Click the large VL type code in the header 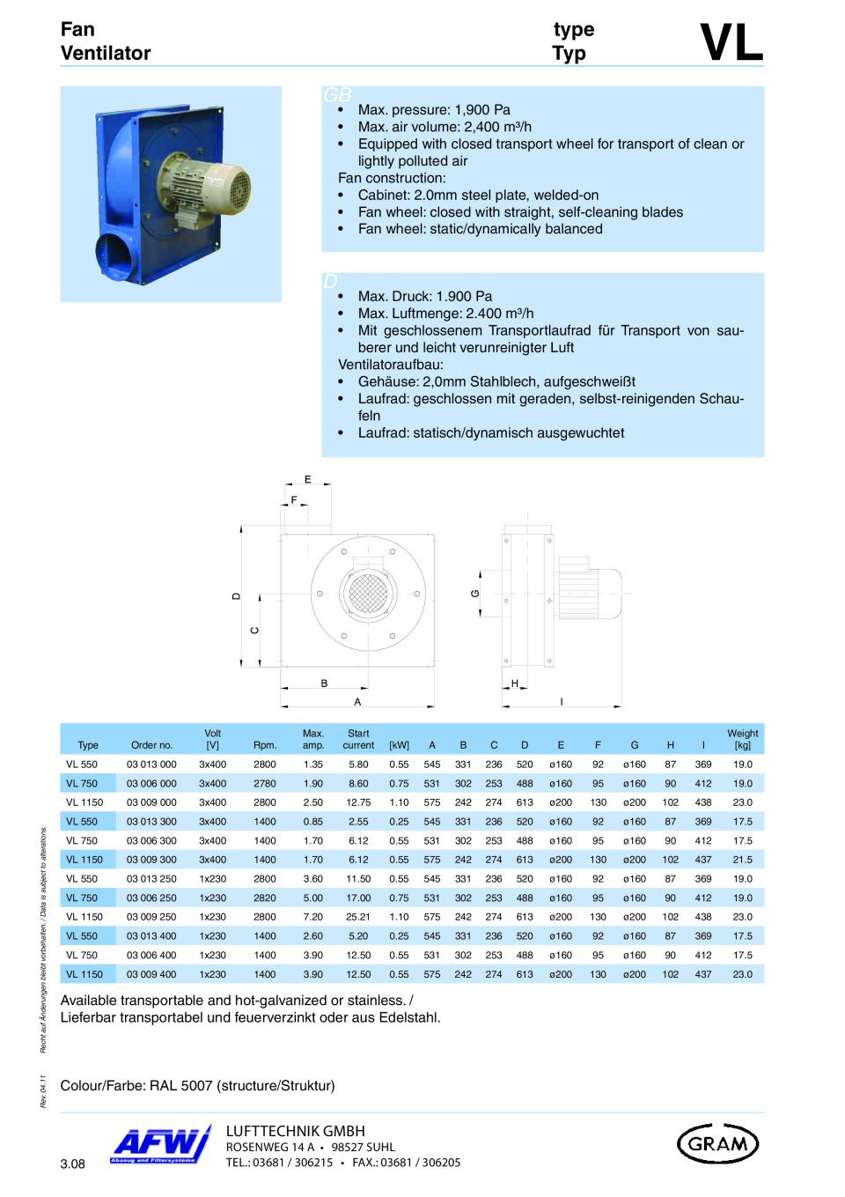click(731, 42)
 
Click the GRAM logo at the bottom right click(717, 1143)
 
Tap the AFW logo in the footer click(161, 1145)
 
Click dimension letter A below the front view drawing click(357, 702)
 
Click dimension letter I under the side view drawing click(562, 702)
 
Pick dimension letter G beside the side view click(475, 594)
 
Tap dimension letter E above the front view click(308, 479)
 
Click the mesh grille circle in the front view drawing click(367, 589)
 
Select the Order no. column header click(151, 745)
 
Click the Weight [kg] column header click(742, 739)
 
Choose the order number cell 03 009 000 click(151, 802)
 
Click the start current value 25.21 click(358, 917)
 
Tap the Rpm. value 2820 click(265, 898)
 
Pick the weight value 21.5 click(742, 860)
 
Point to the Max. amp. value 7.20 click(313, 917)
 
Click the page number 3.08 click(72, 1164)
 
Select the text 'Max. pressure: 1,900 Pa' click(434, 110)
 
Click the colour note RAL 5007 click(197, 1085)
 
